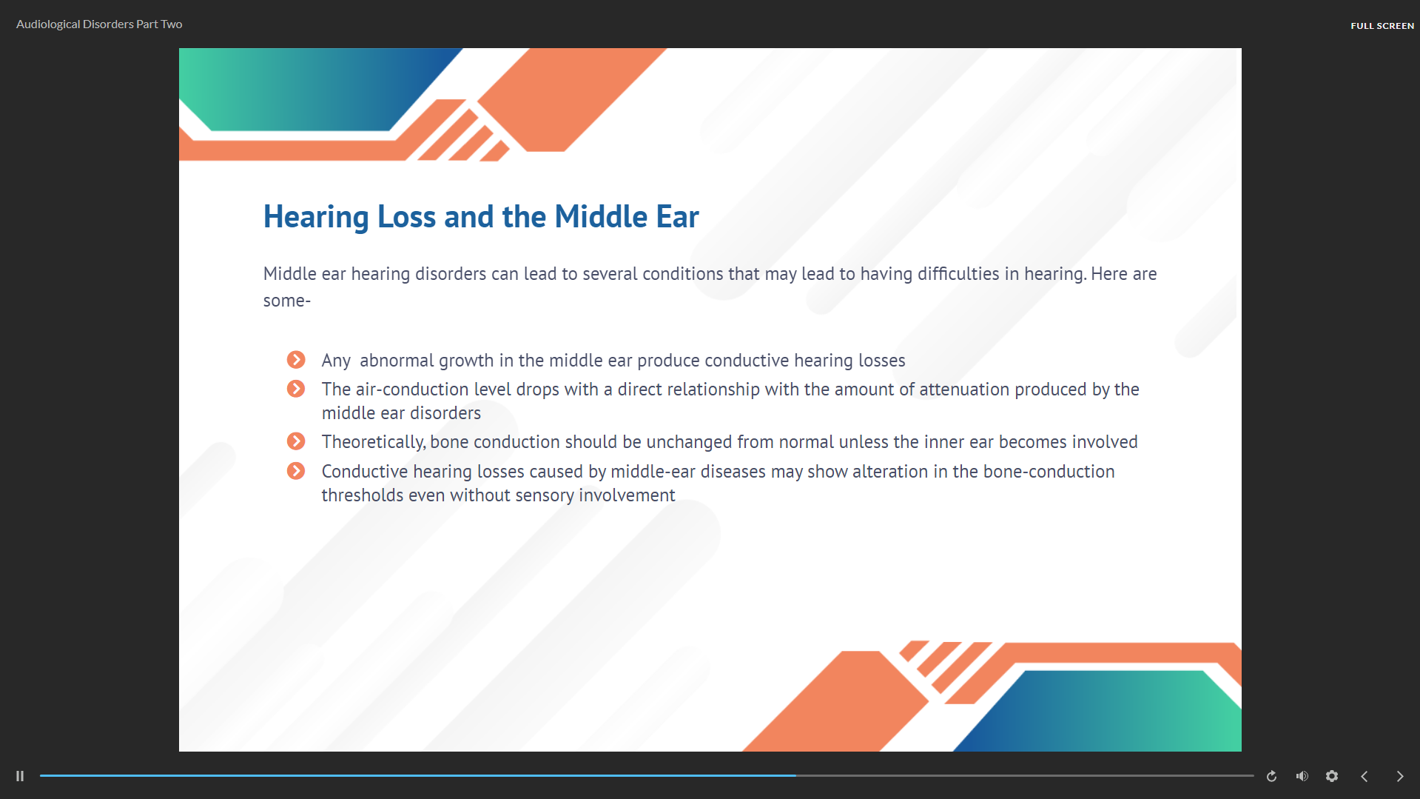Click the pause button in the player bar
[x=20, y=776]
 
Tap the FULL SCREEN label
[x=1382, y=26]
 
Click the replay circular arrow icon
[x=1271, y=776]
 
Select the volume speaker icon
[x=1302, y=776]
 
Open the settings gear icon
[x=1332, y=776]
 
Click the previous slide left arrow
[x=1365, y=776]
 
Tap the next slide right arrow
[x=1400, y=776]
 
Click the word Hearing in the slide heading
[x=316, y=218]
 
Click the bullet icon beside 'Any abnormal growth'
[x=296, y=360]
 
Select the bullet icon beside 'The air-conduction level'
[x=296, y=389]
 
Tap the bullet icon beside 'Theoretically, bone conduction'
[x=296, y=441]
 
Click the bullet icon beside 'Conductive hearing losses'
[x=296, y=471]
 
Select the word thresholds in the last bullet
[x=363, y=495]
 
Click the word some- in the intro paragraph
[x=287, y=301]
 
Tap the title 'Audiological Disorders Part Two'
[x=99, y=24]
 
